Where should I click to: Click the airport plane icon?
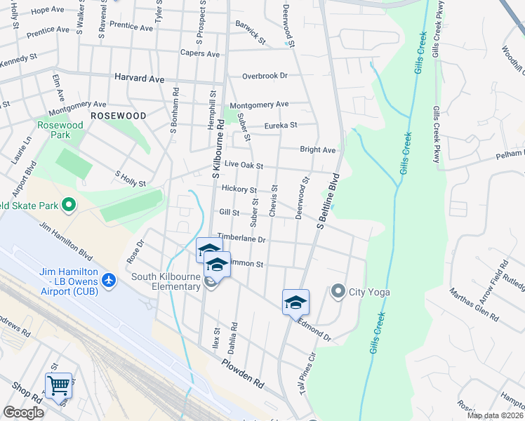click(109, 281)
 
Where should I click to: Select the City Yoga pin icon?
click(338, 291)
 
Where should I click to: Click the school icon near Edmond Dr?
click(295, 302)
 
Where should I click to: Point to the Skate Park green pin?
click(69, 206)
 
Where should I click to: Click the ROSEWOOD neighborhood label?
click(118, 115)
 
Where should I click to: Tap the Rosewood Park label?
click(60, 130)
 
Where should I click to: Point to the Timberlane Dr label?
click(241, 239)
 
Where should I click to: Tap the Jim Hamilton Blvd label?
click(67, 240)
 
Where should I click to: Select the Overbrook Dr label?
click(265, 76)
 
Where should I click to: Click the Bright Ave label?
click(317, 149)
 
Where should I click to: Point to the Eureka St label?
click(281, 126)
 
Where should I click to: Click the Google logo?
click(23, 413)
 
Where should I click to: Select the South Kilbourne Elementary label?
click(166, 281)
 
